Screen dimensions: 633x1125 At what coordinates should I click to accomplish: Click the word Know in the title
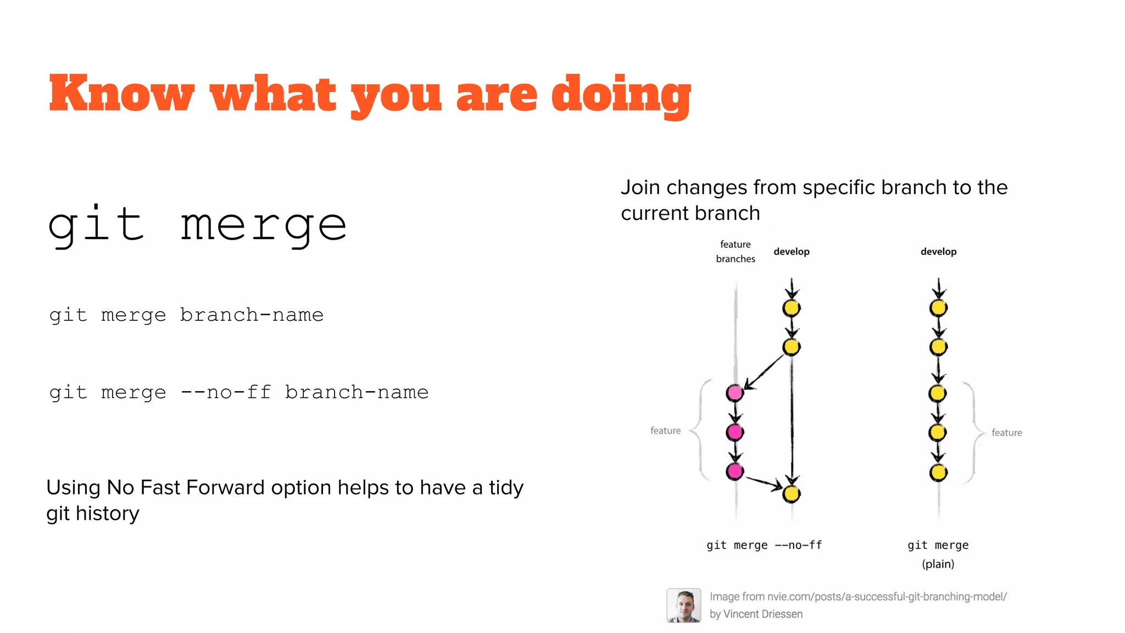tap(121, 93)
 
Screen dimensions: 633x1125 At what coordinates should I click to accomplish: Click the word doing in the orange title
tap(621, 95)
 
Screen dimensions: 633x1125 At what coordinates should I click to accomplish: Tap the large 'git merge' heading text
tap(198, 225)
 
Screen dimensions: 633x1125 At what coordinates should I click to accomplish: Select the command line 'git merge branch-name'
tap(186, 315)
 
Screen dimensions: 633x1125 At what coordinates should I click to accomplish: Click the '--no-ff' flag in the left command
tap(226, 392)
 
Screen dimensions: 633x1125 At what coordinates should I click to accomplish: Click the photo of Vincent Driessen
tap(683, 605)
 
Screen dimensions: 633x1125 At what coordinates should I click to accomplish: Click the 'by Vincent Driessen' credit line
tap(756, 614)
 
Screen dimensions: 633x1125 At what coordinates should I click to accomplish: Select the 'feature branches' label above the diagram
tap(736, 252)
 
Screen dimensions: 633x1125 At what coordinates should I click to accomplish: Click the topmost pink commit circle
tap(734, 393)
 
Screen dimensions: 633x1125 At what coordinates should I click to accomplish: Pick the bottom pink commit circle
tap(734, 471)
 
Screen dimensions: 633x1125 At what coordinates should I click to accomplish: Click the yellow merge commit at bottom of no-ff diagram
tap(792, 494)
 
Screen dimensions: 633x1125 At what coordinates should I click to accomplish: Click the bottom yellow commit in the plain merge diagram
tap(938, 473)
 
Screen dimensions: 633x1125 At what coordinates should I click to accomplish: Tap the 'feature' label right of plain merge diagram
tap(1006, 433)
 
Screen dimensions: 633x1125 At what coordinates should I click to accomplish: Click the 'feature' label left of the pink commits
tap(665, 431)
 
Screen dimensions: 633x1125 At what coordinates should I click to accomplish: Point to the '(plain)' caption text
tap(938, 564)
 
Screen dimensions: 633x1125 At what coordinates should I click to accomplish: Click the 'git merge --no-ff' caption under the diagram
tap(764, 545)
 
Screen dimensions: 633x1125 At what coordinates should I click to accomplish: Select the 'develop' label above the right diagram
tap(938, 252)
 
